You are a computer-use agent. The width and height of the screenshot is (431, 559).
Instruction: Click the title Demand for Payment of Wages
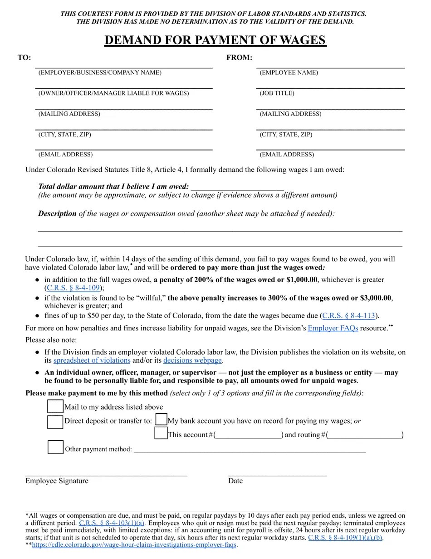point(215,40)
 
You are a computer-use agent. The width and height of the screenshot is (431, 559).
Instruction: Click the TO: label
point(24,58)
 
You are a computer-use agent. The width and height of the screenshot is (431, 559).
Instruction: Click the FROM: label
point(239,58)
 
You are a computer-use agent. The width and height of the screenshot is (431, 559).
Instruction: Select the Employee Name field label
point(289,73)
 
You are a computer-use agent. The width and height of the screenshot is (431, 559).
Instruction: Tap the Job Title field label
point(277,93)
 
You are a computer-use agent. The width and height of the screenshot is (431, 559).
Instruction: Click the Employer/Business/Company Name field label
point(100,73)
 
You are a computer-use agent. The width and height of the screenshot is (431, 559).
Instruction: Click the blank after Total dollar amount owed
point(237,187)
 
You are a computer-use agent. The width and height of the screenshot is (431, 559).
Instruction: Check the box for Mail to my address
point(55,406)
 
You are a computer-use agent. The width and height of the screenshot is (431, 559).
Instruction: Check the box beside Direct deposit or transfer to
point(55,421)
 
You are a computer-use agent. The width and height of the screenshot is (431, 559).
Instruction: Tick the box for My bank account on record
point(161,420)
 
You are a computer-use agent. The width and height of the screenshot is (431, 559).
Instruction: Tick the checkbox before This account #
point(161,434)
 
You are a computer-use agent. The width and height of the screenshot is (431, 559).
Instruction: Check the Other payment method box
point(55,448)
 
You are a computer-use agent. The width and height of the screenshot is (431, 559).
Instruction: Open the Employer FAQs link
point(333,328)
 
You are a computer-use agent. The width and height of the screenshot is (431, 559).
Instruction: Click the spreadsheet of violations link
point(92,360)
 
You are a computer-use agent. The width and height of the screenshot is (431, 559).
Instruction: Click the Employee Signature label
point(57,481)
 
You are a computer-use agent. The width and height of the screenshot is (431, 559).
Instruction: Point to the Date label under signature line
point(235,481)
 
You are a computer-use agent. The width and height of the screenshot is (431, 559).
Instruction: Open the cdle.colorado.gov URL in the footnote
point(134,544)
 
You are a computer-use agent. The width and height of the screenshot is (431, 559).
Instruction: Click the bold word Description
point(57,214)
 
